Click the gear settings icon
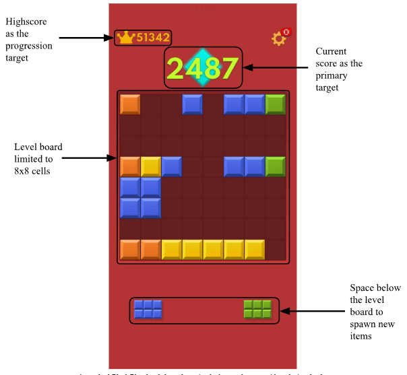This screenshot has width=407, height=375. [x=278, y=39]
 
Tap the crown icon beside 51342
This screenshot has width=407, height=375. [x=125, y=38]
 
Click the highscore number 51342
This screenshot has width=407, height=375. [x=153, y=38]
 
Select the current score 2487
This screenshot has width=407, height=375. [x=202, y=69]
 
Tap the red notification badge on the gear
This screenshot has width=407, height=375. [x=286, y=32]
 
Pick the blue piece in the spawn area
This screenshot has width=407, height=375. [x=148, y=309]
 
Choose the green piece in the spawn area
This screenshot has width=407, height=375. [x=257, y=309]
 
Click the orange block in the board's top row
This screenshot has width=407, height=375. [x=130, y=104]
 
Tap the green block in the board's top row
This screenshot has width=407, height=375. [x=276, y=104]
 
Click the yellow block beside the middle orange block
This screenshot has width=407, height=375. [x=151, y=167]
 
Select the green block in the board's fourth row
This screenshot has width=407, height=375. [x=276, y=167]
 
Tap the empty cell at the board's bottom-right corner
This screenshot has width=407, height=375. [x=276, y=250]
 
